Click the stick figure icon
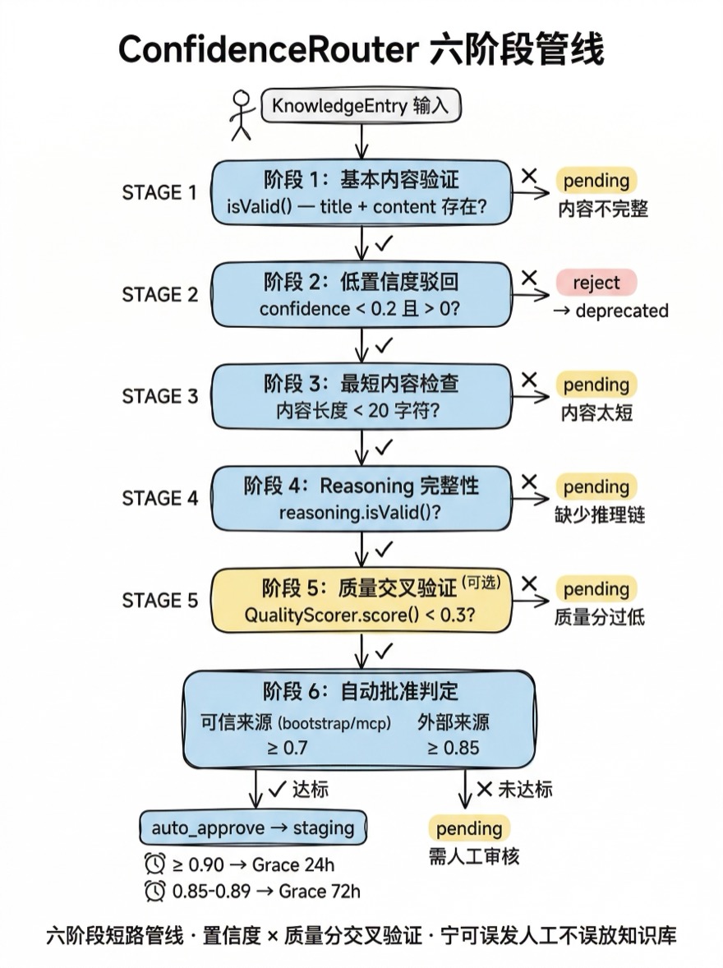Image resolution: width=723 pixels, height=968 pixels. [x=241, y=114]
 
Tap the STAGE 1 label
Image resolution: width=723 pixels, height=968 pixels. [x=159, y=192]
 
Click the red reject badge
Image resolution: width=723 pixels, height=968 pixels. [x=596, y=283]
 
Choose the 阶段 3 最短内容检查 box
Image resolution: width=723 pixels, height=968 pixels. [x=361, y=396]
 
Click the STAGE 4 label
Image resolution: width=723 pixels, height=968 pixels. [x=159, y=498]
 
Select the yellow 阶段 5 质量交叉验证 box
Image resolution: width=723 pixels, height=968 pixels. [x=361, y=601]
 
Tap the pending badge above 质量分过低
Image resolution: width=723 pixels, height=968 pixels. [x=596, y=589]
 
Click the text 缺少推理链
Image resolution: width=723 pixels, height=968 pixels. [x=600, y=515]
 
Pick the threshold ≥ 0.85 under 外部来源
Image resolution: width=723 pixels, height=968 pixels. [x=453, y=748]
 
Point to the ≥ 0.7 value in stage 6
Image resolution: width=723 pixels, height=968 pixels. [x=287, y=748]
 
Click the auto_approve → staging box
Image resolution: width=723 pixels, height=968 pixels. [x=252, y=827]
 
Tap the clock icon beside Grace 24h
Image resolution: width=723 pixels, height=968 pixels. [x=154, y=864]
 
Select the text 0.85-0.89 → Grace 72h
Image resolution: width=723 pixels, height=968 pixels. [x=266, y=891]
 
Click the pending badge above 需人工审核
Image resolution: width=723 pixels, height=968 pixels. [x=469, y=827]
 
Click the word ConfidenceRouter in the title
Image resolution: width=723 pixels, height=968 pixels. [x=268, y=50]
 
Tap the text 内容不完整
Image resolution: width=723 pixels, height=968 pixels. [x=603, y=209]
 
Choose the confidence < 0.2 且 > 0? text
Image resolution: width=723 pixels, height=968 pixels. [x=359, y=310]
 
